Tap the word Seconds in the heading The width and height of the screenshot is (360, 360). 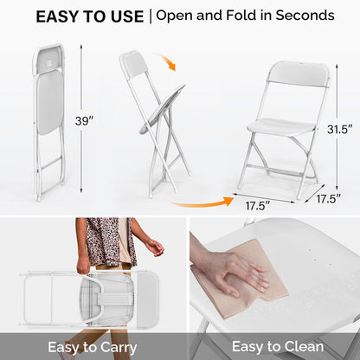coord(302,16)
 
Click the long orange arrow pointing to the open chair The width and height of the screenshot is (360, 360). coord(201,203)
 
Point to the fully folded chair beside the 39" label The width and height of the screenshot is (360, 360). coord(49,121)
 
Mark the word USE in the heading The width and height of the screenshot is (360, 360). coord(120,16)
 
